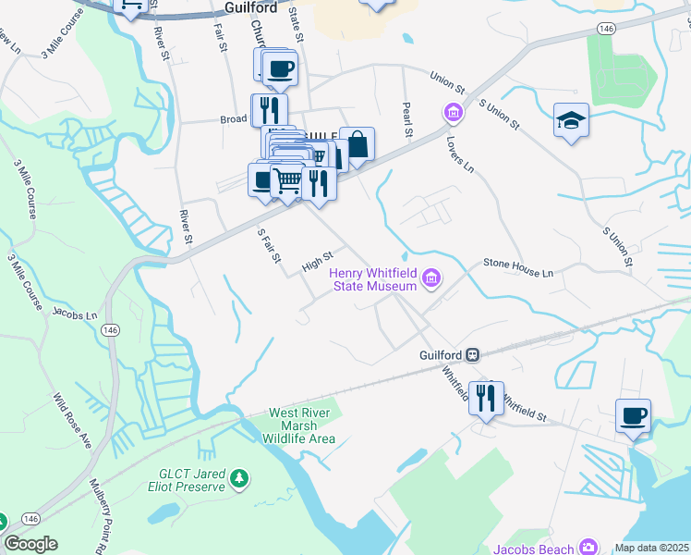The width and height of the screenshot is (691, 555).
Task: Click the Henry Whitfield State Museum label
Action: tap(373, 277)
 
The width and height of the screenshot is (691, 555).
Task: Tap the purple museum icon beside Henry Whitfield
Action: tap(430, 277)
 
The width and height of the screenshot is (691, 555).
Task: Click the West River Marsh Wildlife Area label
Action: tap(301, 425)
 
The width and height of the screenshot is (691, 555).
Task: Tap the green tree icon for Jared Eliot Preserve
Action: tap(239, 477)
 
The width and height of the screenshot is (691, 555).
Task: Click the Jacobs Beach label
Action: tap(532, 549)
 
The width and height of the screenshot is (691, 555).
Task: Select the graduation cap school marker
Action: tap(571, 120)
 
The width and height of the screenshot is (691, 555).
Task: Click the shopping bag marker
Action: tap(357, 145)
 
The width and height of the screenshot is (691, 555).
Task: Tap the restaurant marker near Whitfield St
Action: tap(486, 398)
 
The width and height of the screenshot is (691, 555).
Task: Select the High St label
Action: tap(317, 262)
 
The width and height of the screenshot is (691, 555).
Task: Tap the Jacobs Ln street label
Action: tap(75, 314)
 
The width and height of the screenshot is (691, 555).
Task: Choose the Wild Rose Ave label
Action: tap(72, 421)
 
